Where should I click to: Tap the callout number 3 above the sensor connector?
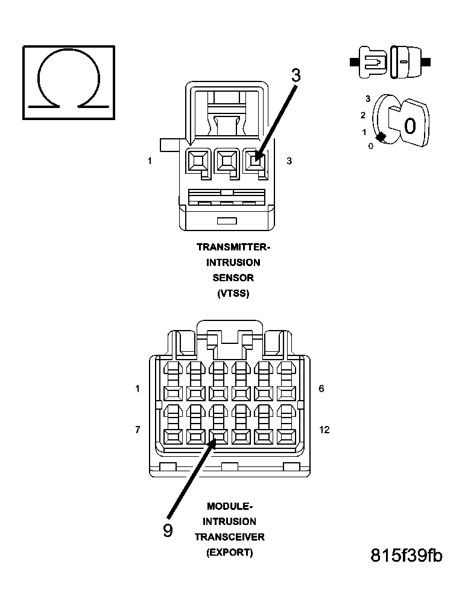point(296,75)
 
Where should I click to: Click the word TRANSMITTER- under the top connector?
point(233,247)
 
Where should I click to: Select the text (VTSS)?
point(233,294)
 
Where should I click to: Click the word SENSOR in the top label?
point(233,278)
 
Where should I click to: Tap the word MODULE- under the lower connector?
point(230,506)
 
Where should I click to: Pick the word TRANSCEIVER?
point(229,537)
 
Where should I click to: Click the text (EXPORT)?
point(229,552)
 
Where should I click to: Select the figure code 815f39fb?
point(406,555)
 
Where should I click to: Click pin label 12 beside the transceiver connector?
point(324,430)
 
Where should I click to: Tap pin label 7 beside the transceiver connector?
point(138,430)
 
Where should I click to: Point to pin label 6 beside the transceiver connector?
point(321,389)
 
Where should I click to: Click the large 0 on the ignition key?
point(410,126)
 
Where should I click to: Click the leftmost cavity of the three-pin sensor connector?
point(197,161)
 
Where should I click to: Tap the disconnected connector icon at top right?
point(390,62)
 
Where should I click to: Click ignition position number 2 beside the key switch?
point(363,115)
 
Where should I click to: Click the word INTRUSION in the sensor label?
point(233,262)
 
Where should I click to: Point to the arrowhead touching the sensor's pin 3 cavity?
point(258,158)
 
